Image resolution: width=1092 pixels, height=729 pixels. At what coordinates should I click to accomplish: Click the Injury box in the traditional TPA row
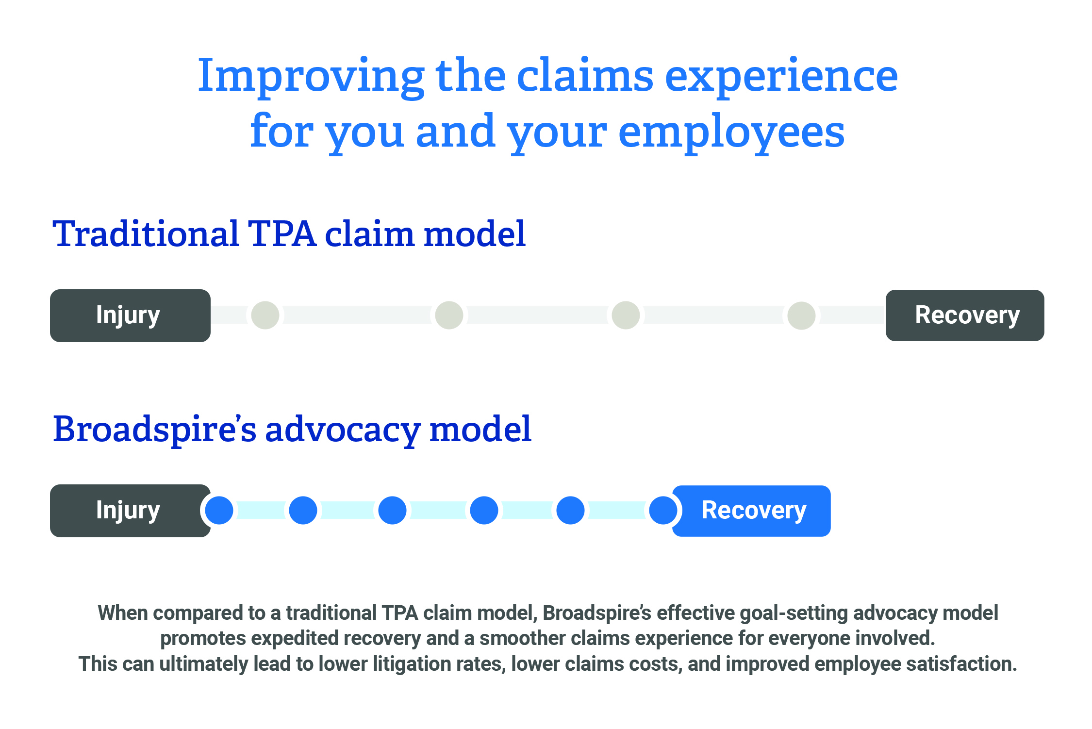click(130, 315)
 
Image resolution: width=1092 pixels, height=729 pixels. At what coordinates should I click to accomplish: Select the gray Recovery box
click(965, 315)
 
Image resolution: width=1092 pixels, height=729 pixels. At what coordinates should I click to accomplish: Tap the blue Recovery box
click(752, 511)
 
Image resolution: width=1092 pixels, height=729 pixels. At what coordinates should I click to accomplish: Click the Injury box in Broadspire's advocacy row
click(130, 511)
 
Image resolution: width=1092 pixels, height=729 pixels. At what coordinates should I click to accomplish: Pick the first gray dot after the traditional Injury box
click(265, 315)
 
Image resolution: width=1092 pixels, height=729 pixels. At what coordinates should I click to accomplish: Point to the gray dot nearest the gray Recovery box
click(801, 315)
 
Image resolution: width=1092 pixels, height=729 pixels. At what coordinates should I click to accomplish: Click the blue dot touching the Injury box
click(219, 511)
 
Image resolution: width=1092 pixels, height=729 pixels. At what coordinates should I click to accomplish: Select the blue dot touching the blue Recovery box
click(663, 511)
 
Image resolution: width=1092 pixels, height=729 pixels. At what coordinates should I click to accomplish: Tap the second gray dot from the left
click(449, 315)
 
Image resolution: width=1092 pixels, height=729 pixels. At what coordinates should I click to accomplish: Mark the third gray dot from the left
click(626, 315)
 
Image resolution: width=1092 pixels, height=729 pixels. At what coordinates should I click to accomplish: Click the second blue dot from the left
click(303, 511)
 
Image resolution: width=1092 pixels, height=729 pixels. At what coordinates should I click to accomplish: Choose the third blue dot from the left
click(392, 511)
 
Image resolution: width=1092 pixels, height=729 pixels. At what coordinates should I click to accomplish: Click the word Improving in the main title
click(311, 78)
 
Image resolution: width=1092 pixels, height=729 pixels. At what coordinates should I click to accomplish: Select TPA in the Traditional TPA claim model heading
click(282, 234)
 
